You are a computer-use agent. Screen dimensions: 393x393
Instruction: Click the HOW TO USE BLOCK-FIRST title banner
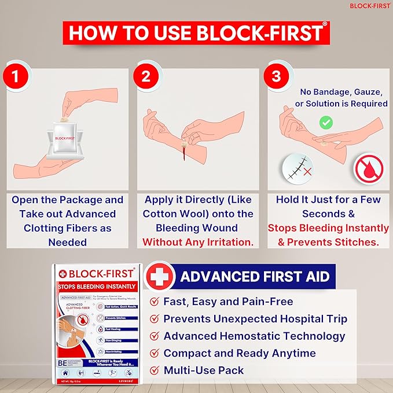pyautogui.click(x=196, y=32)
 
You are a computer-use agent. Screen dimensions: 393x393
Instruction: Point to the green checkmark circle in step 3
pyautogui.click(x=326, y=122)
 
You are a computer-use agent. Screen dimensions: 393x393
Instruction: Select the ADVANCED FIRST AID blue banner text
pyautogui.click(x=255, y=276)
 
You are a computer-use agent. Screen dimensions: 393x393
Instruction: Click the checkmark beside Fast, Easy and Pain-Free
pyautogui.click(x=155, y=302)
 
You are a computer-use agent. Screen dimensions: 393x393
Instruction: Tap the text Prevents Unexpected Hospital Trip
pyautogui.click(x=255, y=319)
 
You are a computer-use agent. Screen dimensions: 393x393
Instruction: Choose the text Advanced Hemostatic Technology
pyautogui.click(x=254, y=336)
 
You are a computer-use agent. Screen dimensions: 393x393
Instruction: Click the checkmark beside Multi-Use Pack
pyautogui.click(x=155, y=370)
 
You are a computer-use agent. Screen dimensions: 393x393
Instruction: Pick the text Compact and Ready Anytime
pyautogui.click(x=240, y=353)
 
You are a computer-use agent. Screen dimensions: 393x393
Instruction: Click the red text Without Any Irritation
pyautogui.click(x=198, y=242)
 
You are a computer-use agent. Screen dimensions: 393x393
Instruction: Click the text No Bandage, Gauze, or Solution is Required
pyautogui.click(x=341, y=97)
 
